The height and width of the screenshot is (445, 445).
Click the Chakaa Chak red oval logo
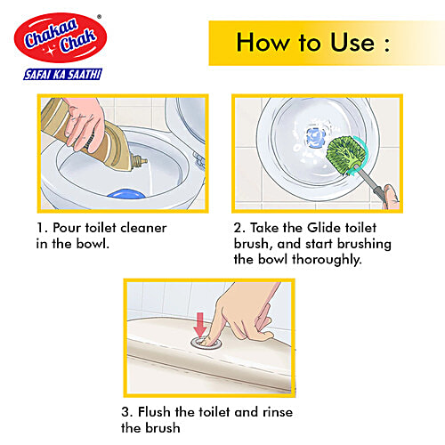pyautogui.click(x=59, y=38)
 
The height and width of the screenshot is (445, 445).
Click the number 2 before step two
pyautogui.click(x=238, y=227)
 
